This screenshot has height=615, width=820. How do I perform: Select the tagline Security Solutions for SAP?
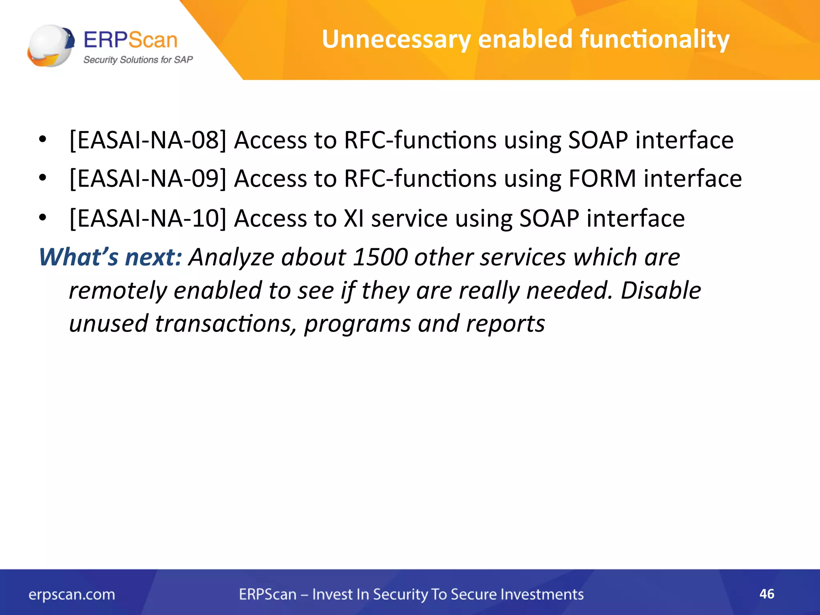click(x=138, y=60)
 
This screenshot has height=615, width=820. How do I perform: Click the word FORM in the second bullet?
click(x=602, y=179)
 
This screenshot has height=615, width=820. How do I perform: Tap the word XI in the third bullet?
click(x=354, y=219)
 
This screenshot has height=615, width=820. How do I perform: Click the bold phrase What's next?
click(x=111, y=257)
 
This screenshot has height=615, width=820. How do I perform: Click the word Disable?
click(x=661, y=290)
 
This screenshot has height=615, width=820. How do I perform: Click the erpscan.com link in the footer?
click(x=72, y=594)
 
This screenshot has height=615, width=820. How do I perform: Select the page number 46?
click(x=767, y=594)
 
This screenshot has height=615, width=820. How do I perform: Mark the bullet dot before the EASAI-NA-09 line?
click(x=43, y=178)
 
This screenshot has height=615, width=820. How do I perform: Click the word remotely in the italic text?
click(x=118, y=290)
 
